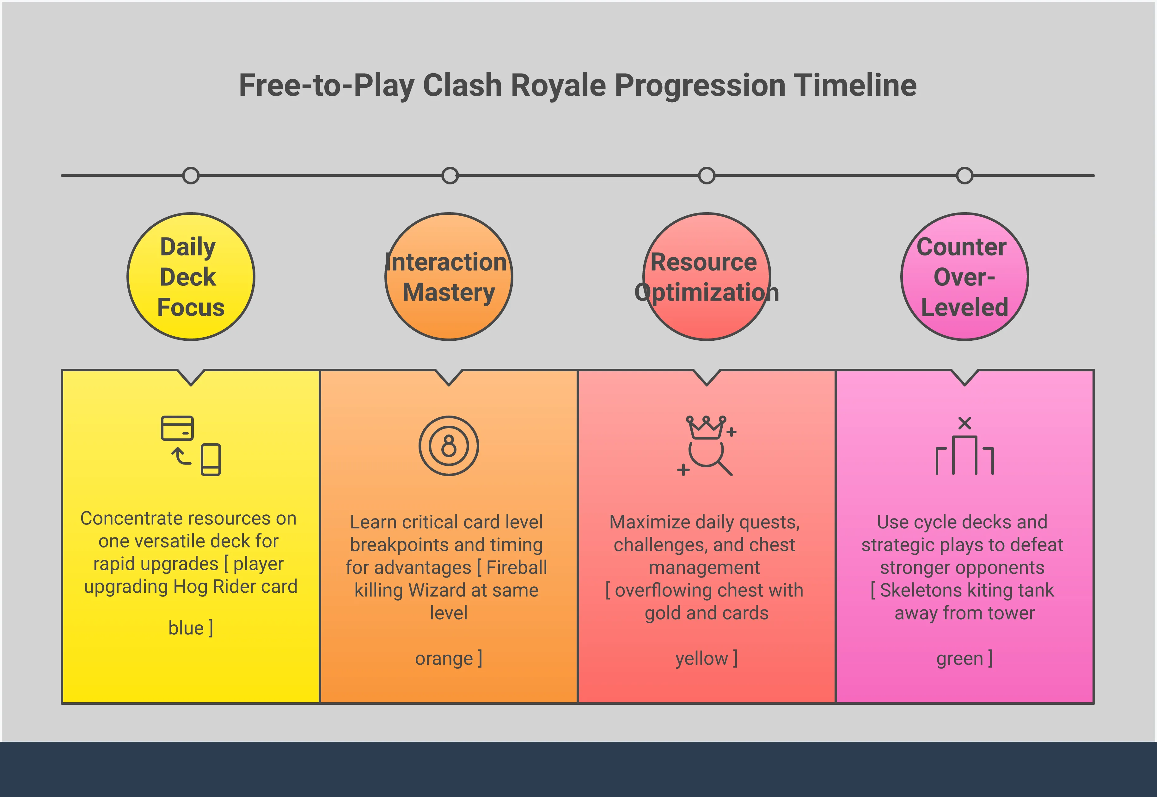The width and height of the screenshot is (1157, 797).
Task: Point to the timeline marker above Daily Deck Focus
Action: click(191, 176)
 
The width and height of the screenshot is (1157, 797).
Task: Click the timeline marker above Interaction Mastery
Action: click(450, 176)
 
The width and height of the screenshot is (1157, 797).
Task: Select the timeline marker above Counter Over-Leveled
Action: click(964, 176)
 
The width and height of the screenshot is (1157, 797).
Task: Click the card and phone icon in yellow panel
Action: click(191, 446)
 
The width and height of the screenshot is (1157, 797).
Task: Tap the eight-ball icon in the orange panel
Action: click(449, 446)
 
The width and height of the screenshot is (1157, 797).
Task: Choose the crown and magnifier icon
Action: click(707, 446)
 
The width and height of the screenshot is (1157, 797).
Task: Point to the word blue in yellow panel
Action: click(186, 628)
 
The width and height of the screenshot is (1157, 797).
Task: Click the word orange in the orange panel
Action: click(444, 659)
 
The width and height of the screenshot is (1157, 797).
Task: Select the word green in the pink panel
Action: click(960, 659)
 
